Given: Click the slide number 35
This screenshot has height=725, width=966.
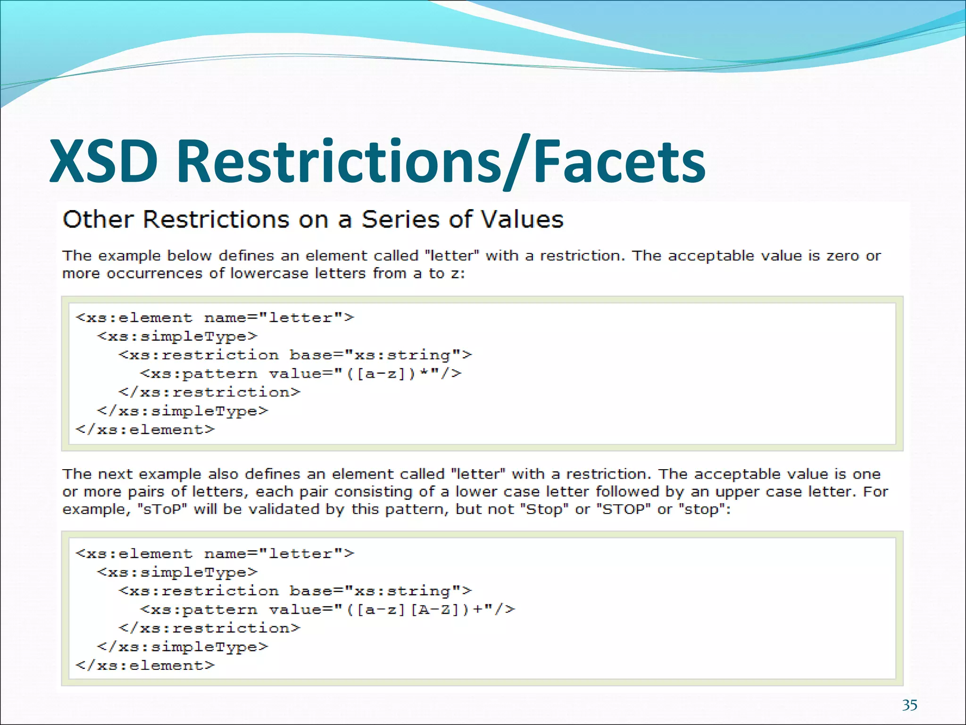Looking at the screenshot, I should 909,705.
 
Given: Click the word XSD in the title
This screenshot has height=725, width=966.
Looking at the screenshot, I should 104,161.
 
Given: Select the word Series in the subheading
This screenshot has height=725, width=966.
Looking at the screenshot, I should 404,219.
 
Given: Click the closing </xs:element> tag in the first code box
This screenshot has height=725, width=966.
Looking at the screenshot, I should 145,430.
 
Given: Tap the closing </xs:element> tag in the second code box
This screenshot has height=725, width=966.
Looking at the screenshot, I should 145,666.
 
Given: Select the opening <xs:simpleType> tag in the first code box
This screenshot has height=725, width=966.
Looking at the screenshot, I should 177,337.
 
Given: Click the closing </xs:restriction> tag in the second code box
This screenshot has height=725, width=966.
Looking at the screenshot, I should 209,628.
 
